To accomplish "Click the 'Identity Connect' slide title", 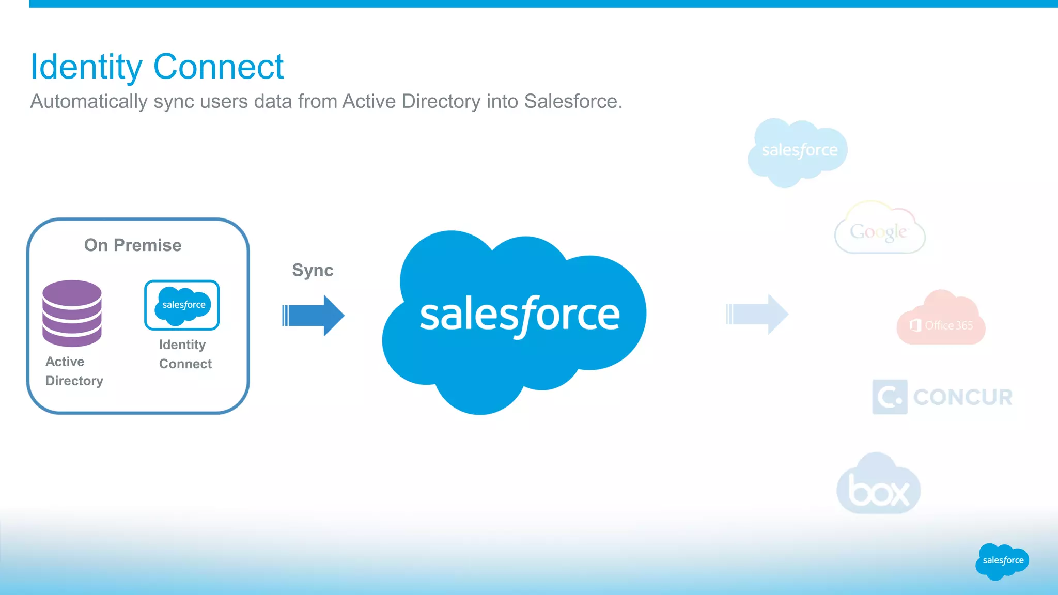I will (x=157, y=67).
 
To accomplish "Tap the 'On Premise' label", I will (x=133, y=245).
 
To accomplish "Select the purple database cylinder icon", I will (x=72, y=313).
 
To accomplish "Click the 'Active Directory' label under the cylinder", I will (x=74, y=371).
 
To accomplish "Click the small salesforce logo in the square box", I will (x=182, y=305).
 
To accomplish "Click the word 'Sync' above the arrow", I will (x=313, y=270).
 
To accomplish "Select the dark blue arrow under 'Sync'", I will (x=314, y=315).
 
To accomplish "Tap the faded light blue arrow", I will (x=757, y=314).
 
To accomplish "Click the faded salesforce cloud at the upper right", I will (x=798, y=151).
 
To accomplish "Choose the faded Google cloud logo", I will (x=879, y=230).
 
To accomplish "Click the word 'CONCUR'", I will (x=962, y=397).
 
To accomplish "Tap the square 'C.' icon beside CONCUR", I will (x=890, y=397).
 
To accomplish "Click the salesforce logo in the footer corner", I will (x=1002, y=561).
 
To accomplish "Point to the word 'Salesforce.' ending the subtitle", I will (x=573, y=101).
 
